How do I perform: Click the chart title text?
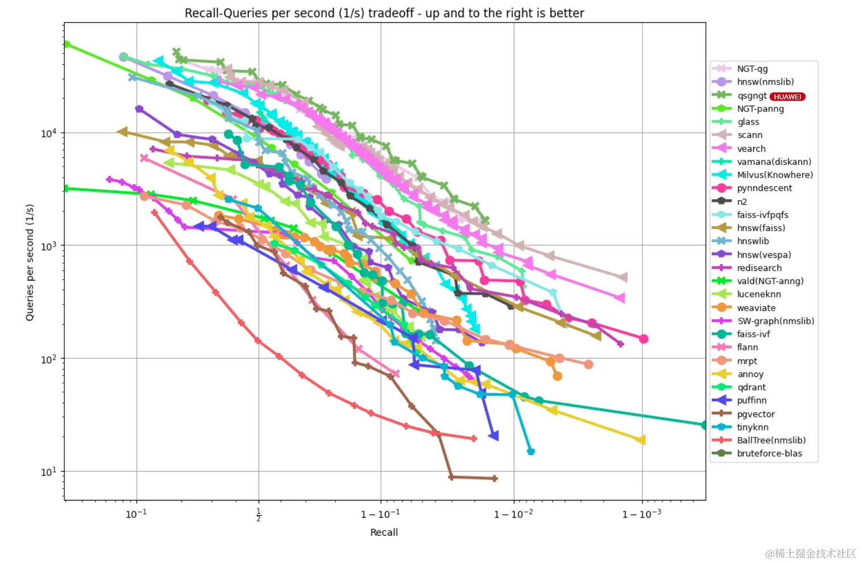384,13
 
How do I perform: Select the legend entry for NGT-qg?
752,69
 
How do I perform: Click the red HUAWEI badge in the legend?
787,97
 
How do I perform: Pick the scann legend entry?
750,135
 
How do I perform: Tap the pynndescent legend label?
764,188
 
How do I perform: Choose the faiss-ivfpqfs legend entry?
762,215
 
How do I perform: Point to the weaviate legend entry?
756,308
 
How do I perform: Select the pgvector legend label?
756,414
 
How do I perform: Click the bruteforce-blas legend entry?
769,453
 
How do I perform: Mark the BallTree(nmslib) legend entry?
771,440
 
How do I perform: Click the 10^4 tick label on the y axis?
49,134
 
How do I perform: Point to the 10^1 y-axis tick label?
49,472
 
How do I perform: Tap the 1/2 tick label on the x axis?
259,515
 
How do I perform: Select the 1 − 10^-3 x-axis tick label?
642,514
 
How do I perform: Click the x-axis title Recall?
384,532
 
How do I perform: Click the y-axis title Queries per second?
30,262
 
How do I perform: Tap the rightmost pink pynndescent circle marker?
643,339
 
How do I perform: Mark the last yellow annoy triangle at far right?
641,439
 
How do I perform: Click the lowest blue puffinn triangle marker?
493,436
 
